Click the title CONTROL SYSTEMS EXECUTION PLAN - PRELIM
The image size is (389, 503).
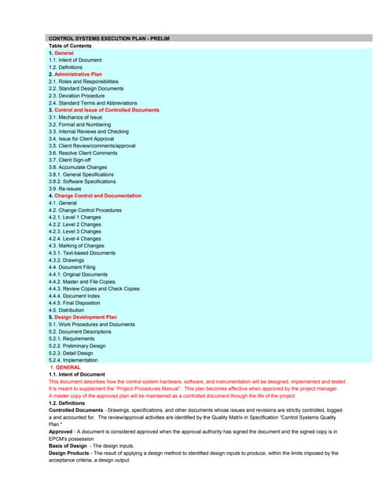coord(109,38)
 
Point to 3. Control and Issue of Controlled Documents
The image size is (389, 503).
coord(104,110)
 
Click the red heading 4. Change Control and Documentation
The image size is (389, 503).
coord(95,196)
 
